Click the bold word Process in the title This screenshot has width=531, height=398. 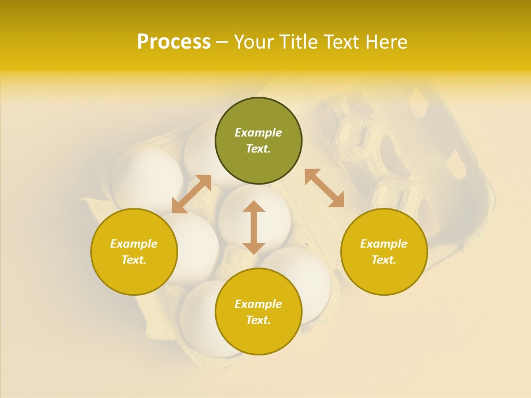coord(174,42)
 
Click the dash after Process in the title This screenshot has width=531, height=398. coord(222,43)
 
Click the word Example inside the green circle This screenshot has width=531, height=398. coord(258,133)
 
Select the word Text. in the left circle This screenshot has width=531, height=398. coord(134,260)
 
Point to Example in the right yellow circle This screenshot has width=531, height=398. coord(384,244)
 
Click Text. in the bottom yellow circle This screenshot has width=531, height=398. coord(258,320)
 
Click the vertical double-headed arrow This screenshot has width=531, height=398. coord(254,227)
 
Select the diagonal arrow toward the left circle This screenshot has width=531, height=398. coord(191,194)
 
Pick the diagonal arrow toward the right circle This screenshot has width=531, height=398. coord(325,188)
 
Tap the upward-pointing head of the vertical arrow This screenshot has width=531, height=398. coord(254,206)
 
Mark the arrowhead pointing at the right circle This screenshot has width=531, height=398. coord(337,200)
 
